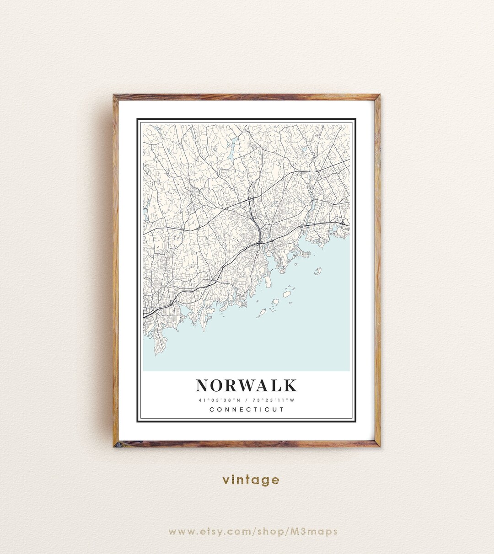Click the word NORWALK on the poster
(247, 385)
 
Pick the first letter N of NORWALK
(203, 385)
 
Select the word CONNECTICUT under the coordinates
(247, 410)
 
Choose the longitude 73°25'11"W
(275, 400)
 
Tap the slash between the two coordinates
(247, 400)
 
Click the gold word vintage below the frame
(251, 480)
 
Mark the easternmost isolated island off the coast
(318, 271)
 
